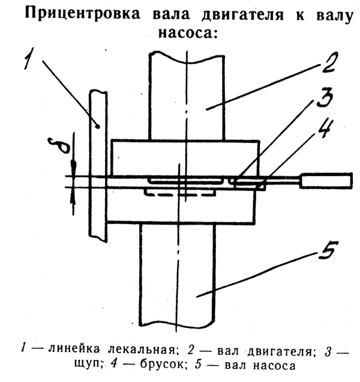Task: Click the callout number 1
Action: pyautogui.click(x=29, y=58)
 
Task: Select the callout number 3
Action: pyautogui.click(x=325, y=97)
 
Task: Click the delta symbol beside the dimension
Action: pyautogui.click(x=59, y=145)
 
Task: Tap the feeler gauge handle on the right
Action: pyautogui.click(x=326, y=180)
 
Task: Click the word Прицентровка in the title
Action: pyautogui.click(x=83, y=14)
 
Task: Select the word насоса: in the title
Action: pyautogui.click(x=188, y=32)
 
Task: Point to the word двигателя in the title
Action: pyautogui.click(x=243, y=15)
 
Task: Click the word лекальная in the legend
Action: pyautogui.click(x=141, y=351)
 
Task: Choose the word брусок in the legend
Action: pyautogui.click(x=163, y=365)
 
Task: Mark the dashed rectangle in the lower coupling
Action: pyautogui.click(x=180, y=192)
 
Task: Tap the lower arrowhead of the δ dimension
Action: pyautogui.click(x=73, y=195)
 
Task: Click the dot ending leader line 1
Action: pyautogui.click(x=98, y=126)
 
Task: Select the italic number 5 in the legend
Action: pyautogui.click(x=199, y=365)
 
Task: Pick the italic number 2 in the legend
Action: pyautogui.click(x=191, y=350)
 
